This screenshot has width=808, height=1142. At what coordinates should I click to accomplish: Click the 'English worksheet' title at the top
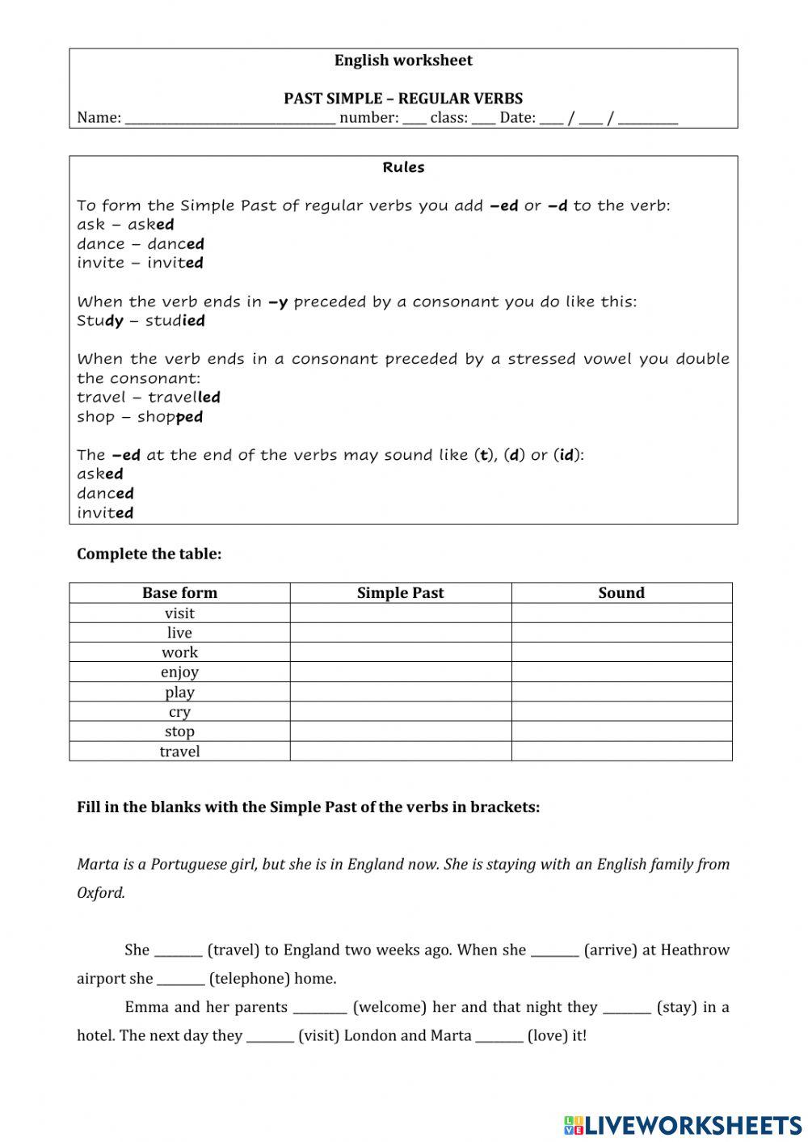pos(403,61)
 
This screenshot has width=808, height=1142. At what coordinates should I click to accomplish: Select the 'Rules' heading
pos(403,167)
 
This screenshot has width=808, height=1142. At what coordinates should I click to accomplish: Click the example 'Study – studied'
pos(141,321)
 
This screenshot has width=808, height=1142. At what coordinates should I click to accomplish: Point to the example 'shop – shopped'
pos(140,417)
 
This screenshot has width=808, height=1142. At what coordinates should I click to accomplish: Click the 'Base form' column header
pos(179,592)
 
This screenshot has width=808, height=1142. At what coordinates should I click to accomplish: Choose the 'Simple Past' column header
pos(400,592)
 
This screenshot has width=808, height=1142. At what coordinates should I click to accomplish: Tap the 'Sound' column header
pos(621,592)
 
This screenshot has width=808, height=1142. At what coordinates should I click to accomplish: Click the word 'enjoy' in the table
pos(179,672)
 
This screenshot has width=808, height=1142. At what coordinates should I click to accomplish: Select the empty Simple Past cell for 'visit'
pos(400,613)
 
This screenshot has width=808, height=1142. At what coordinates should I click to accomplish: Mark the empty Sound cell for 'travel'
pos(621,751)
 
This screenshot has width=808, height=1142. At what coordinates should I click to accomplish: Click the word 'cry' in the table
pos(179,712)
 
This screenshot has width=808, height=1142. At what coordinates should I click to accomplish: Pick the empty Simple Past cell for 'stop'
pos(400,731)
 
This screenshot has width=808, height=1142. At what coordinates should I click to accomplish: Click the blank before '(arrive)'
pos(554,951)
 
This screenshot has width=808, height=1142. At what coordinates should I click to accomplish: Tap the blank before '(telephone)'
pos(180,980)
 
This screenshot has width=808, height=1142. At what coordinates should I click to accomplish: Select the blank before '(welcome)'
pos(320,1008)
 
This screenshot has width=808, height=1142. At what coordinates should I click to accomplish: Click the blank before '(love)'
pos(499,1037)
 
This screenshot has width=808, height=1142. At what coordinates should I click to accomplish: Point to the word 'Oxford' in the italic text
pos(101,893)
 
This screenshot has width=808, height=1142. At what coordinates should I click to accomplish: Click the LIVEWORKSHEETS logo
pos(683,1124)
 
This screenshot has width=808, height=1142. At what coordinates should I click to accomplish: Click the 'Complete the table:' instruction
pos(149,554)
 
